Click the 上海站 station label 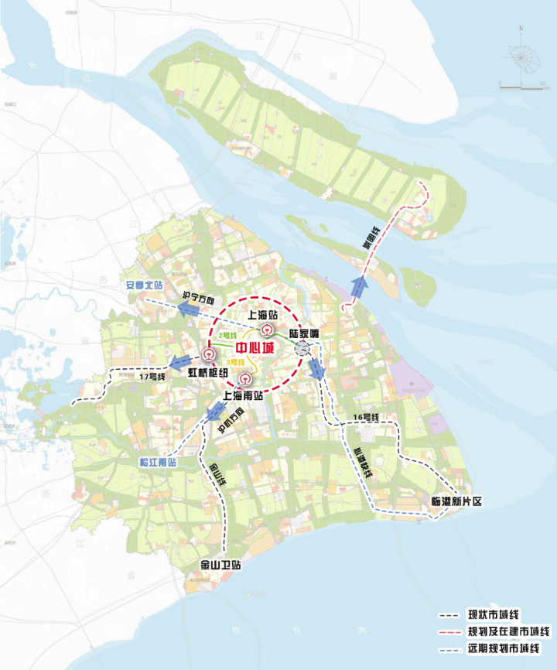[x=262, y=316]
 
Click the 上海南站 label [x=244, y=395]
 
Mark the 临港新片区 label [x=456, y=501]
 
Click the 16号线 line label [x=364, y=418]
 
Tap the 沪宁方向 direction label [x=197, y=298]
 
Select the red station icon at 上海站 [x=265, y=330]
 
